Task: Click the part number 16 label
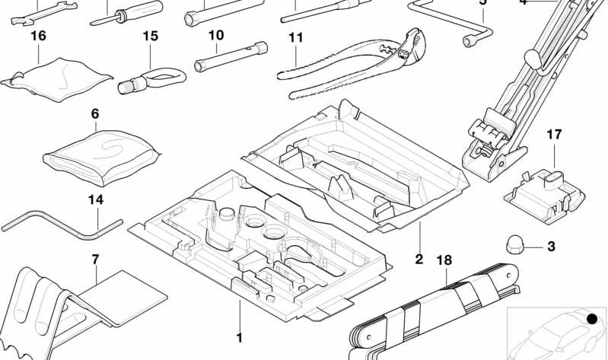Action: [x=38, y=36]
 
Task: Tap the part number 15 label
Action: [x=150, y=36]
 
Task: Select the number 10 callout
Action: [x=216, y=35]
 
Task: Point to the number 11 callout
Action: [x=296, y=37]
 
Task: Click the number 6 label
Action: [x=95, y=114]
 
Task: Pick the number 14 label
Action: [x=95, y=200]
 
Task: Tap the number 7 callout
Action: [x=95, y=260]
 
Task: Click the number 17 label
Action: [x=554, y=135]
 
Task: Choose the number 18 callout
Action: [x=444, y=260]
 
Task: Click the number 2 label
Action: [x=419, y=260]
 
